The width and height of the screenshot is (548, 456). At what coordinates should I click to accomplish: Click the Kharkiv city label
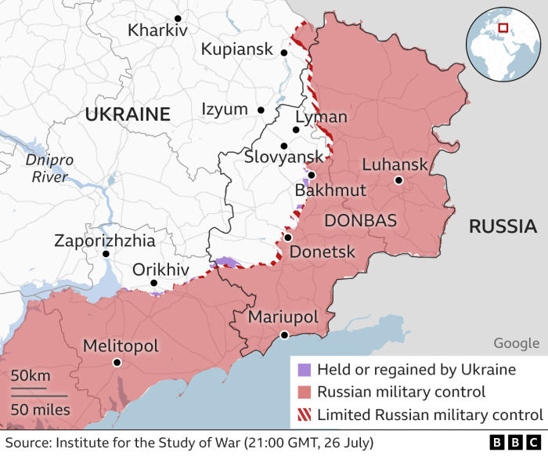pyautogui.click(x=157, y=31)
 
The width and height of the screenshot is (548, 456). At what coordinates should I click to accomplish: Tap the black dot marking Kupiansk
pyautogui.click(x=284, y=52)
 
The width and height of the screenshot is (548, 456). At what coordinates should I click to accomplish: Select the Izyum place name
pyautogui.click(x=224, y=110)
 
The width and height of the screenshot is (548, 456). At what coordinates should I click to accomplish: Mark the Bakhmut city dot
pyautogui.click(x=311, y=176)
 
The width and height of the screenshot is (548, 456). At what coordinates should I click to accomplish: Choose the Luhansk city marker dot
pyautogui.click(x=398, y=180)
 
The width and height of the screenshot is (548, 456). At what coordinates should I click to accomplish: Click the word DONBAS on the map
pyautogui.click(x=360, y=220)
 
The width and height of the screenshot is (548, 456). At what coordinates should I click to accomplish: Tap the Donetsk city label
pyautogui.click(x=323, y=252)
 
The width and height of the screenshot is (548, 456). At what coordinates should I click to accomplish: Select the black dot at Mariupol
pyautogui.click(x=285, y=335)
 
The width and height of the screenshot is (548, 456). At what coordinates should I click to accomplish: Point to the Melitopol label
pyautogui.click(x=121, y=346)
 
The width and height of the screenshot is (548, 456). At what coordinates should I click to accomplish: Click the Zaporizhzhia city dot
pyautogui.click(x=106, y=254)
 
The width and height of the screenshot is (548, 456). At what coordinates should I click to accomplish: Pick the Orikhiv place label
pyautogui.click(x=160, y=269)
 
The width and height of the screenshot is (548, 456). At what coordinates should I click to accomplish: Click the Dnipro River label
pyautogui.click(x=49, y=168)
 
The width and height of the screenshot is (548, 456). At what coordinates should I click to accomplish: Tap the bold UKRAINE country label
pyautogui.click(x=127, y=114)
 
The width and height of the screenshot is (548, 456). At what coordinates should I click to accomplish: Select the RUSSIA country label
pyautogui.click(x=502, y=227)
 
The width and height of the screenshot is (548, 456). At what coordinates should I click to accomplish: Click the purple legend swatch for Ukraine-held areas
pyautogui.click(x=305, y=370)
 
